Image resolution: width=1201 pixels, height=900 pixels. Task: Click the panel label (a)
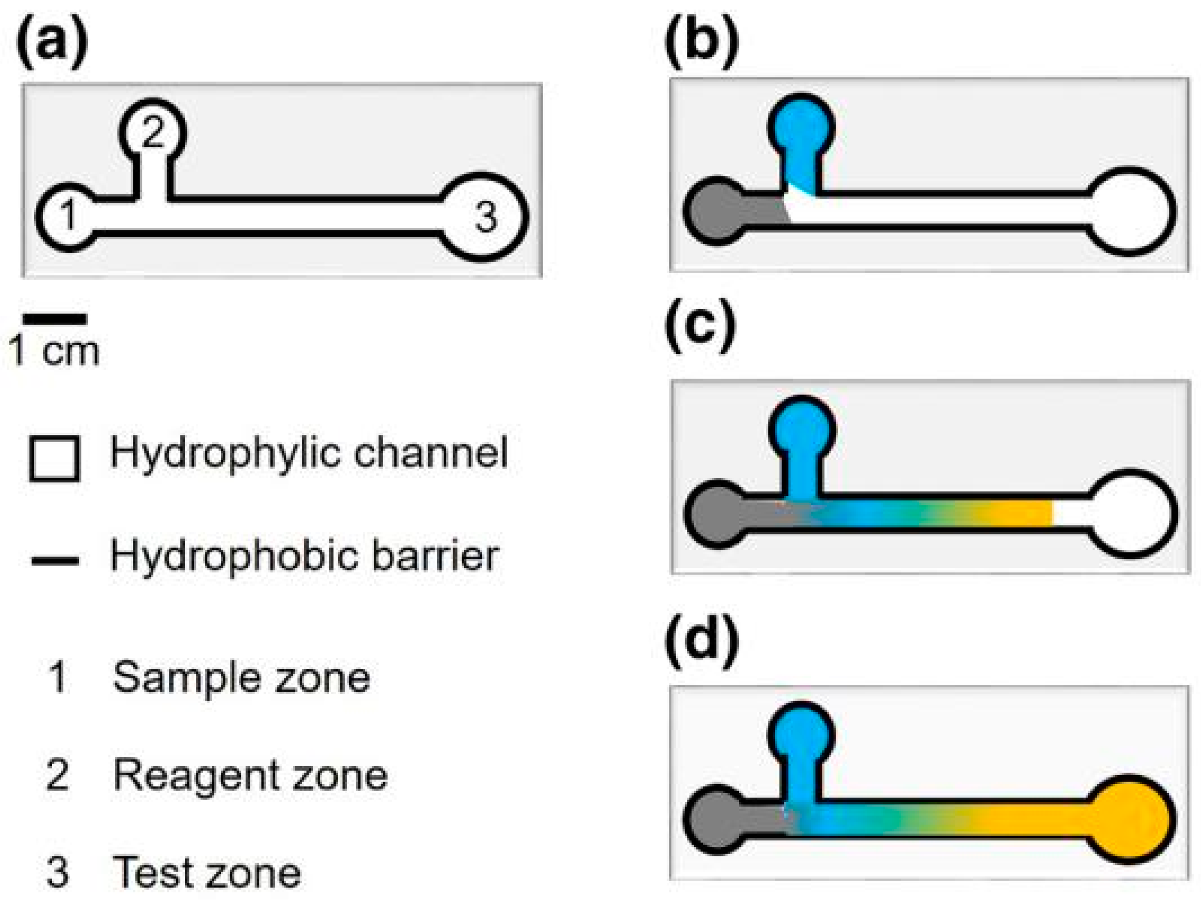tap(52, 41)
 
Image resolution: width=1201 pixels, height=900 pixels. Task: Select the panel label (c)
tap(700, 326)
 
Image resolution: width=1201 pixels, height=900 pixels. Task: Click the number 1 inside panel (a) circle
tap(68, 215)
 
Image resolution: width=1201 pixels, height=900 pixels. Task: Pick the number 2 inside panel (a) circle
tap(152, 131)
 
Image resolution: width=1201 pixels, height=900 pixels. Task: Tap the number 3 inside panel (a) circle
tap(486, 217)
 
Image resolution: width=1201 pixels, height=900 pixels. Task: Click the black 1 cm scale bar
tap(54, 319)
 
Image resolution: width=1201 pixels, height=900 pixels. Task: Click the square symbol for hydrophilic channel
tap(54, 458)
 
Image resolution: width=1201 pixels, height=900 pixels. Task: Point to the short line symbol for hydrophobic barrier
tap(54, 561)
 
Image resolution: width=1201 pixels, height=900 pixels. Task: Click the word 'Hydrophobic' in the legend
tap(233, 556)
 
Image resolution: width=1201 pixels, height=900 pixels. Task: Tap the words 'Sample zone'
tap(242, 678)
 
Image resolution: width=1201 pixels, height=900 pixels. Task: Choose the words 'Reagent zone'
tap(250, 775)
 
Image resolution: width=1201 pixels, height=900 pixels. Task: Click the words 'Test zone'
tap(206, 873)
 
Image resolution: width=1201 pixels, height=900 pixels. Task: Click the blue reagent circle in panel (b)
tap(801, 126)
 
